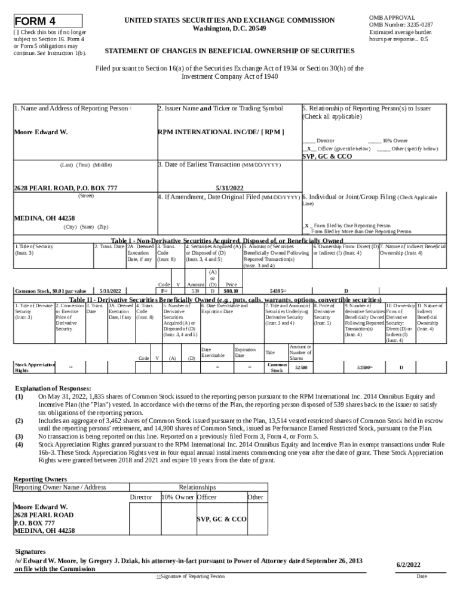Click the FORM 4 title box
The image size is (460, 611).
click(48, 21)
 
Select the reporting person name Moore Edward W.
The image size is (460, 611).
click(41, 131)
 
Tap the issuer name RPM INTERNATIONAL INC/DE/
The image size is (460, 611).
click(210, 131)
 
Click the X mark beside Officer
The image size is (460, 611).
click(308, 149)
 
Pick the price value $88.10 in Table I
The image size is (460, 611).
click(231, 291)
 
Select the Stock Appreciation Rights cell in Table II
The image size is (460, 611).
click(34, 367)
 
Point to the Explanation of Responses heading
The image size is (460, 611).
click(53, 387)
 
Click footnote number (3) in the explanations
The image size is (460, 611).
click(20, 436)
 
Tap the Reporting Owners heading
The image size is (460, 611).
click(40, 479)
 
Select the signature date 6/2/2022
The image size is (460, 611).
click(409, 564)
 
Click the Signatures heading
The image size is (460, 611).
click(30, 552)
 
